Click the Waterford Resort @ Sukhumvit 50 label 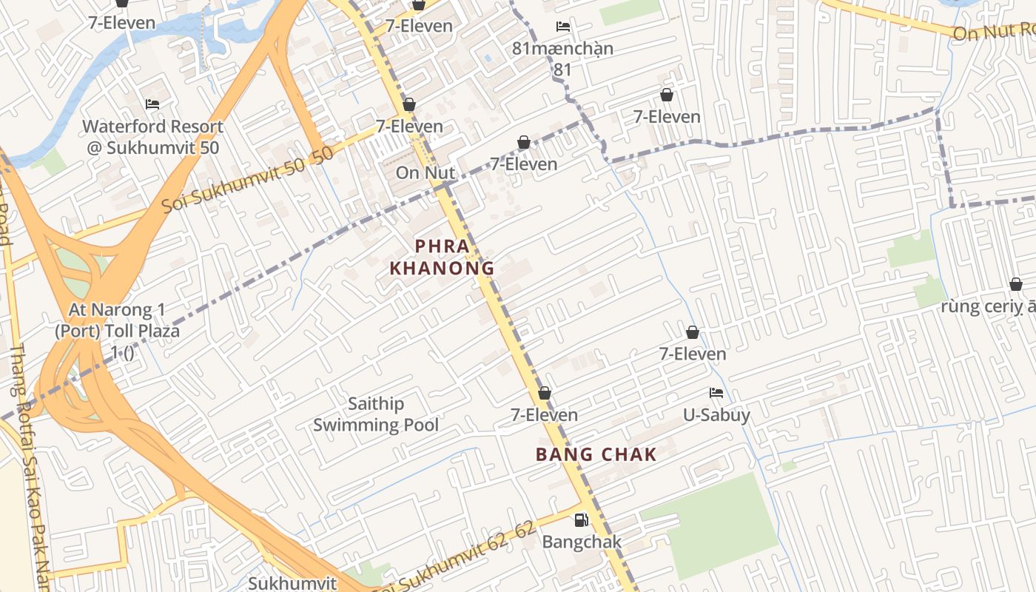(x=153, y=137)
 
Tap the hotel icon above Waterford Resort (x=153, y=104)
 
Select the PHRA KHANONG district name (x=442, y=257)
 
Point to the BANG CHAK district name (x=596, y=454)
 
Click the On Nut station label (x=425, y=172)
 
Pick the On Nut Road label (x=992, y=32)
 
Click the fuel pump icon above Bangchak (x=582, y=519)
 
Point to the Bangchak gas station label (x=582, y=542)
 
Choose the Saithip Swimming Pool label (x=376, y=414)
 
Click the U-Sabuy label (x=716, y=415)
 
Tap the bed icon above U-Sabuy (x=716, y=393)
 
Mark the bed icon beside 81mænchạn (x=563, y=27)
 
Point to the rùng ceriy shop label (x=987, y=306)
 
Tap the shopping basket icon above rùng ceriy (x=1016, y=284)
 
